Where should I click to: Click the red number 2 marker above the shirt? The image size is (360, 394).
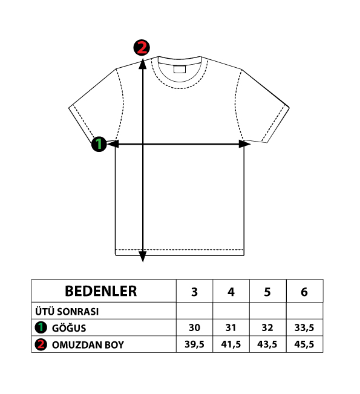(x=142, y=47)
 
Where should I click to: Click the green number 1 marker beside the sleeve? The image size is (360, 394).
(x=99, y=144)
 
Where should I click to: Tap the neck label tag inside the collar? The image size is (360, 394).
(x=180, y=69)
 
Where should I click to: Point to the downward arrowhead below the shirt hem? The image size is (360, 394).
(x=143, y=256)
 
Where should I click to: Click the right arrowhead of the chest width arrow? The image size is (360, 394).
(x=244, y=144)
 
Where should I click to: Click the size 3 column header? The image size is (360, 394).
(x=194, y=291)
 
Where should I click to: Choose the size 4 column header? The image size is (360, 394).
(x=231, y=291)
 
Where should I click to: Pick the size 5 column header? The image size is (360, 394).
(x=268, y=291)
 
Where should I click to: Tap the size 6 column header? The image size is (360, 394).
(x=304, y=291)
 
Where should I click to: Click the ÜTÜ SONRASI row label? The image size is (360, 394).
(x=67, y=312)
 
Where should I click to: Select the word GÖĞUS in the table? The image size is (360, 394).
(x=69, y=327)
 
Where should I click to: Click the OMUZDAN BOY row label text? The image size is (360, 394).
(x=88, y=345)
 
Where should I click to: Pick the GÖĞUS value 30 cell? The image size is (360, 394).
(x=194, y=327)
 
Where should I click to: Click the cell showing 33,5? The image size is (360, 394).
(x=304, y=327)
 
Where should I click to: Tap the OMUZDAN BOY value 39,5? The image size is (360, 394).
(x=194, y=344)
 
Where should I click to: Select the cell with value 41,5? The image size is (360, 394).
(x=231, y=344)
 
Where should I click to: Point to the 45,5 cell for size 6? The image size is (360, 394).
(x=304, y=344)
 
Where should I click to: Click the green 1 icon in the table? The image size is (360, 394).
(x=41, y=327)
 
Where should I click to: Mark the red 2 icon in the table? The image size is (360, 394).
(x=41, y=344)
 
